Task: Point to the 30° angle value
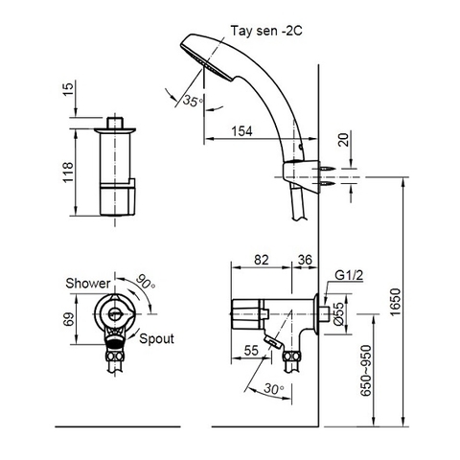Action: (x=275, y=389)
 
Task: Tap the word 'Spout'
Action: (x=155, y=339)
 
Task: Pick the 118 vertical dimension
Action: (x=67, y=171)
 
